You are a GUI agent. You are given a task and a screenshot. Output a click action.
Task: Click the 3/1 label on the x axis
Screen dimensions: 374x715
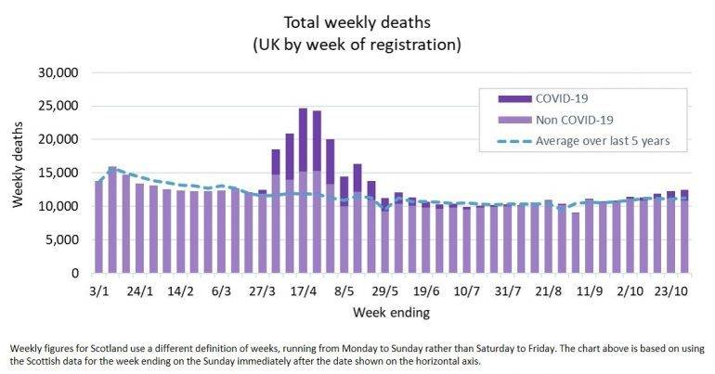pos(98,290)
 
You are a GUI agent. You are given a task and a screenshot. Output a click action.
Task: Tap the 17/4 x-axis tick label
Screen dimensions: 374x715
pos(303,290)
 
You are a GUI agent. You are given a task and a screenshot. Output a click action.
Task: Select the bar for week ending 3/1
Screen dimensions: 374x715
pos(98,227)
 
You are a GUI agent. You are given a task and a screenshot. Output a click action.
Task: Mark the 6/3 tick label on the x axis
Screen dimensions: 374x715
pos(221,290)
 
